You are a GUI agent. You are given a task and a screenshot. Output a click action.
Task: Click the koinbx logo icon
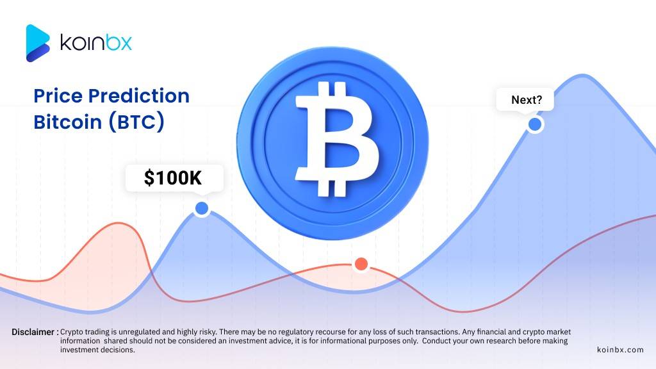38,43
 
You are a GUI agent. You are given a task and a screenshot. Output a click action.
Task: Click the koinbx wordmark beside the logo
95,43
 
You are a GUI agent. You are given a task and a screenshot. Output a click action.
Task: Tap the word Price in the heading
58,96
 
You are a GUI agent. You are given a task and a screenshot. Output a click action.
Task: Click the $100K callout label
174,178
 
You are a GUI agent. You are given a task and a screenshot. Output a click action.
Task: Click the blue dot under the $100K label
202,208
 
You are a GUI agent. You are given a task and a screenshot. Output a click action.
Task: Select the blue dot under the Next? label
534,124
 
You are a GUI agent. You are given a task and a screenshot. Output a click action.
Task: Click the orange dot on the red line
361,263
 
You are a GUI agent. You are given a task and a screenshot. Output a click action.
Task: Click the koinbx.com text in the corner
619,350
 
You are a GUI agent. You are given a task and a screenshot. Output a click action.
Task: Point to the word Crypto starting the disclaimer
73,332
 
